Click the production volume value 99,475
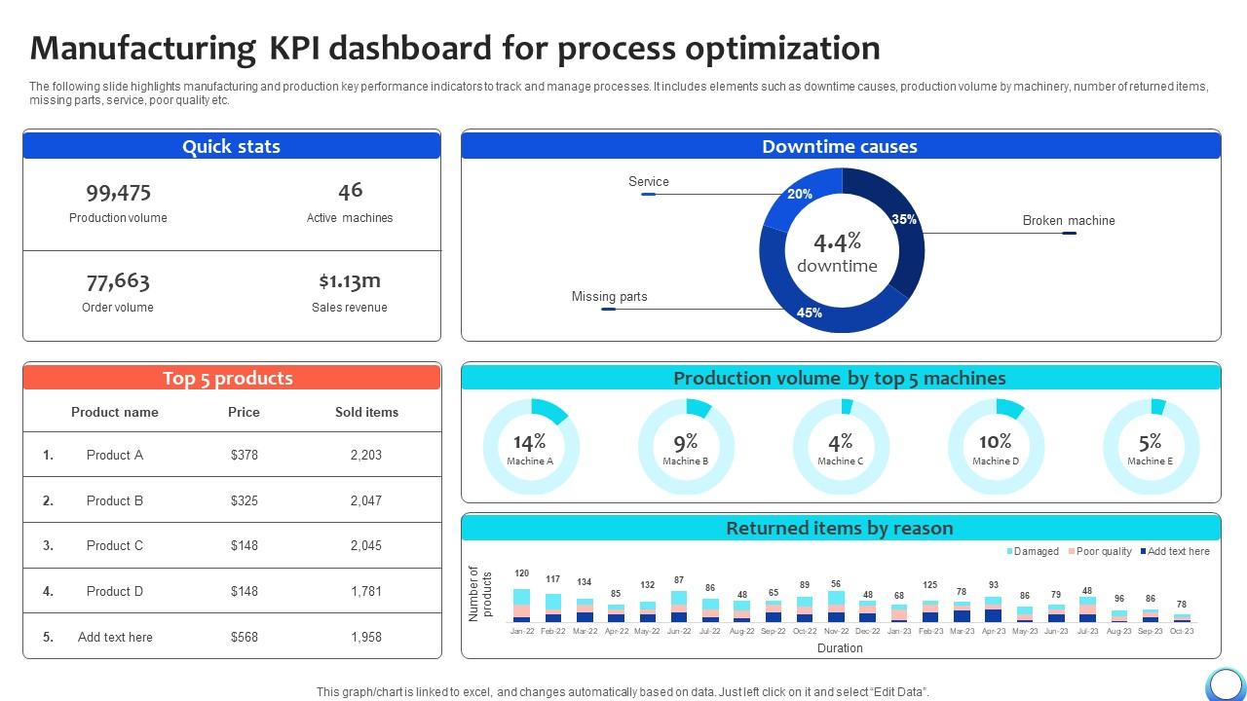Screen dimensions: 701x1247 click(118, 192)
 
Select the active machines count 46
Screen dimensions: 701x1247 click(350, 191)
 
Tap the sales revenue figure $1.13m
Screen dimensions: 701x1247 click(350, 281)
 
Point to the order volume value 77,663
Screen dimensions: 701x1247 click(118, 281)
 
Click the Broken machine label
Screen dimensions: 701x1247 click(1068, 221)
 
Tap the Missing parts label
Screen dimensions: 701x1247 click(609, 297)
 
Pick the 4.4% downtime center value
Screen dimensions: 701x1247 click(837, 242)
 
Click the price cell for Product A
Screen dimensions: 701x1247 click(244, 455)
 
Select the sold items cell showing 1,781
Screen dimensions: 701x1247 click(365, 591)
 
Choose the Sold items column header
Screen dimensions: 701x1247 click(366, 412)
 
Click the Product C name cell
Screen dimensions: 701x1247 click(114, 545)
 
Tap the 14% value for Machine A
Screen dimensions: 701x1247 click(530, 442)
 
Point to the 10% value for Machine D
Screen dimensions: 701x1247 click(995, 442)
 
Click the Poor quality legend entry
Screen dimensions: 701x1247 click(1103, 551)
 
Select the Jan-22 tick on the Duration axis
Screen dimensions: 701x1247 click(522, 631)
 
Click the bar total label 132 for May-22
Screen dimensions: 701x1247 click(647, 585)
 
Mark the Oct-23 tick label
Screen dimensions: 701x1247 click(1182, 631)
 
